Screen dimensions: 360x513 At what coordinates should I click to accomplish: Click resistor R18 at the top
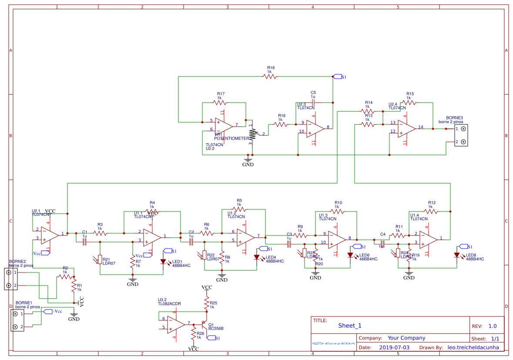270,76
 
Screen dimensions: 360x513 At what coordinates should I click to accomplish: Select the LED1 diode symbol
164,262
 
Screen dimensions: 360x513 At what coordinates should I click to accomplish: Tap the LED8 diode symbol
457,256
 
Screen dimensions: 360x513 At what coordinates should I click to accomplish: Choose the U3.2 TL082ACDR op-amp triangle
176,324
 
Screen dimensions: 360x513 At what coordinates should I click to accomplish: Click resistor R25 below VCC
207,303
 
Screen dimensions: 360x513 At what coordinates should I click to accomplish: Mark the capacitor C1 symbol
85,241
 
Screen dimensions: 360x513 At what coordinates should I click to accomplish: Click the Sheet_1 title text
349,326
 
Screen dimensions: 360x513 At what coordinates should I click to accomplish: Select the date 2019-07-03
394,347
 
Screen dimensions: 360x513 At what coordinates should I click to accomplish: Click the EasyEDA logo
334,343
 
